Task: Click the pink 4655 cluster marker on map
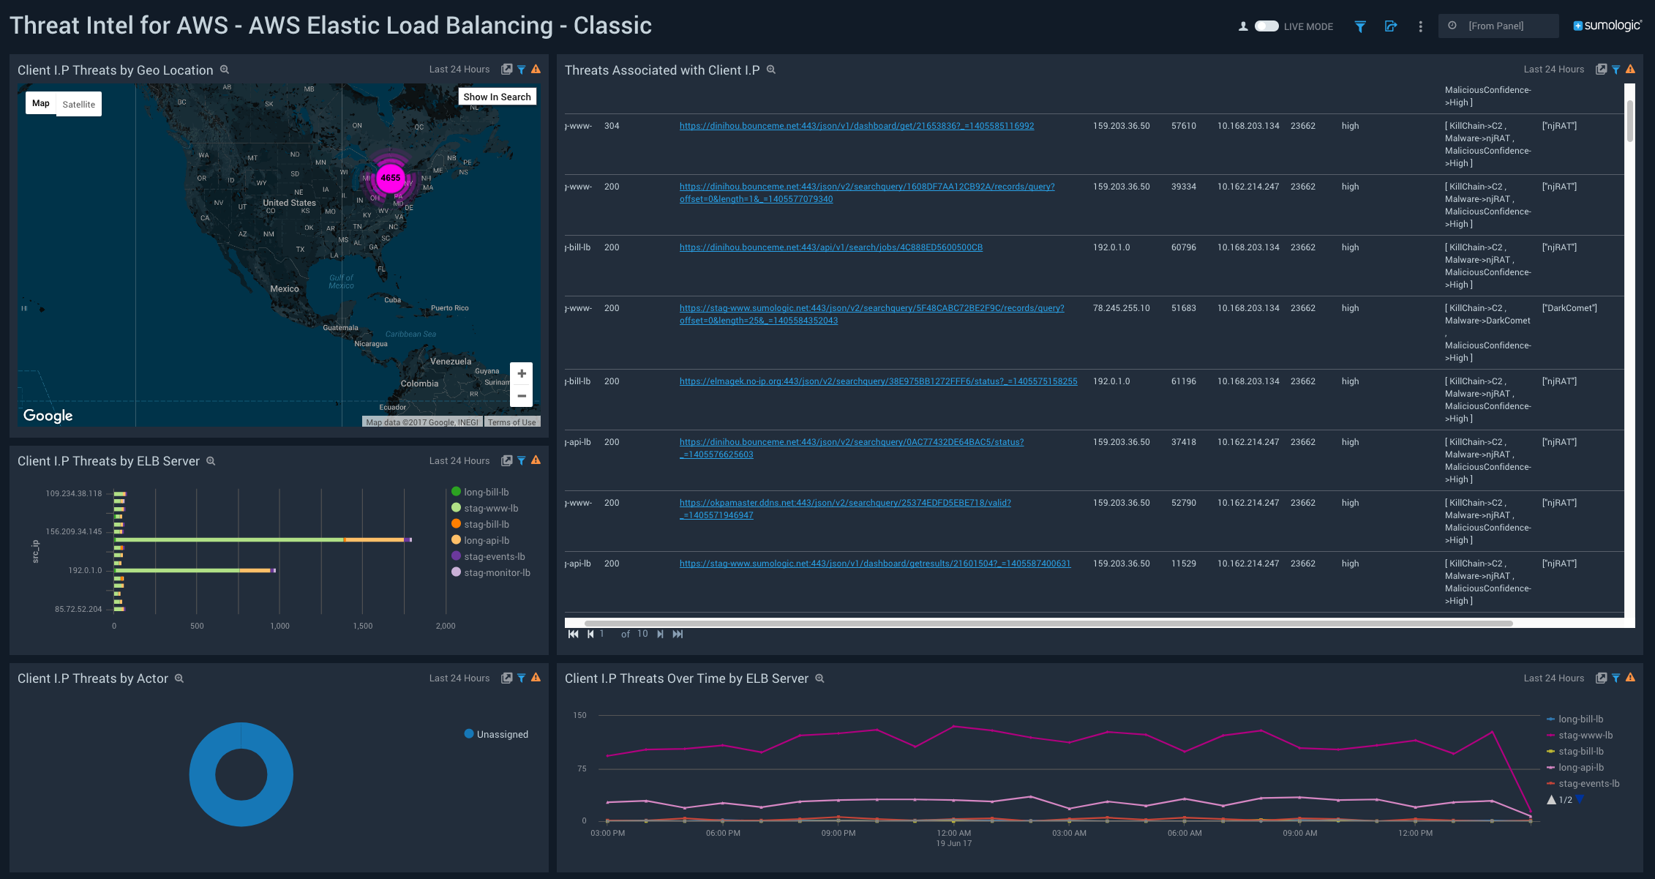pos(391,178)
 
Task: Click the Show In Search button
pos(497,97)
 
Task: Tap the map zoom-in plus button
pos(522,374)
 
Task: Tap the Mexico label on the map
pos(284,289)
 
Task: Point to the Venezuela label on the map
pos(451,362)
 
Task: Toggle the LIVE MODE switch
pos(1266,26)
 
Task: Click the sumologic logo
pos(1607,26)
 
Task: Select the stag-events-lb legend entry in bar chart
pos(494,557)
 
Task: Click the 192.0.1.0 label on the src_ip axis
pos(85,570)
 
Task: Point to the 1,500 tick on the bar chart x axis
pos(363,626)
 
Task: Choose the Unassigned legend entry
pos(502,734)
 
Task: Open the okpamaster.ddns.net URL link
pos(844,503)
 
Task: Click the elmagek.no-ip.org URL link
pos(878,381)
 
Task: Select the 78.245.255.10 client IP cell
pos(1121,308)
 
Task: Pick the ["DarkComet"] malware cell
pos(1569,308)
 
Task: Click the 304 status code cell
pos(612,126)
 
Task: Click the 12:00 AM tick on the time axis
pos(954,833)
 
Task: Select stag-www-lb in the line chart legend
pos(1585,736)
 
